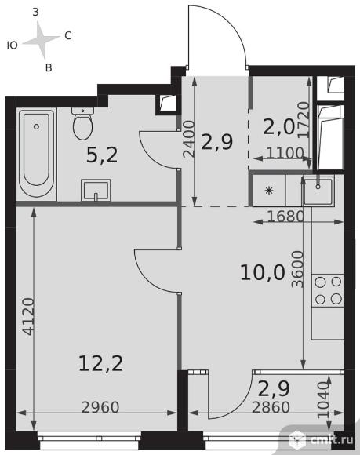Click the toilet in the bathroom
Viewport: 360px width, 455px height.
[82, 124]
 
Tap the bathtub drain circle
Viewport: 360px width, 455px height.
[36, 126]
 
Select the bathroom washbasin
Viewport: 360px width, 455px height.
[96, 190]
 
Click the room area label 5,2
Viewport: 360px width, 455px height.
[102, 155]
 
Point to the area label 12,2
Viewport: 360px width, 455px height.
[100, 363]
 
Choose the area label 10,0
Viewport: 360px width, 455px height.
[263, 273]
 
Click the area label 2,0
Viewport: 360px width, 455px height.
[278, 127]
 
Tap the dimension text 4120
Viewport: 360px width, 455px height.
[29, 317]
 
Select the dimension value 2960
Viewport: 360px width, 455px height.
[100, 407]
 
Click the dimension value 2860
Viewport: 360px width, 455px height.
[271, 407]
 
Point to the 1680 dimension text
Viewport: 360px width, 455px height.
[285, 217]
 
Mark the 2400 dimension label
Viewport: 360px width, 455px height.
[189, 139]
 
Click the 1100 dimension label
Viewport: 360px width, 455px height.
[285, 153]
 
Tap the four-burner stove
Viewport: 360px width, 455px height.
[328, 290]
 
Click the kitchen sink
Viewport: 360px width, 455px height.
[318, 191]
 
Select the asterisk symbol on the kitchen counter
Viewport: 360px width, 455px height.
[270, 191]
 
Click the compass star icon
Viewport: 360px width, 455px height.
[42, 39]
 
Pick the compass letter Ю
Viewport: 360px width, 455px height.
[13, 45]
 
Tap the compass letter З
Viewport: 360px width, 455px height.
[35, 13]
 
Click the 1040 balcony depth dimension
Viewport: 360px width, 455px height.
[324, 400]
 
